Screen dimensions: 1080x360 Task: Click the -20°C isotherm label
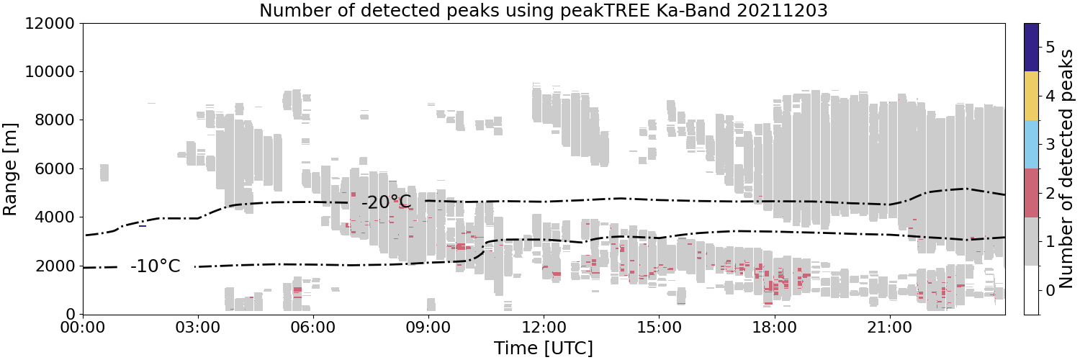[x=386, y=202]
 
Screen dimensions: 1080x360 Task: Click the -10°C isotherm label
[x=156, y=266]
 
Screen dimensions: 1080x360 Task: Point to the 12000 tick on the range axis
[x=50, y=23]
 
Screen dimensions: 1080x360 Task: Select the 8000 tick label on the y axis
[x=55, y=120]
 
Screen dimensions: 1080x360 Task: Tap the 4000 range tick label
[x=55, y=217]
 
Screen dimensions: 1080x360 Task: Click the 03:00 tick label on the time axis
[x=198, y=328]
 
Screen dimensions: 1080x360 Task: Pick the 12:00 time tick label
[x=544, y=328]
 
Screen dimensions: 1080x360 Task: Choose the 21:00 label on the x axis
[x=889, y=328]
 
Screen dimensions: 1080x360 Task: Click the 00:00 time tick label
[x=83, y=328]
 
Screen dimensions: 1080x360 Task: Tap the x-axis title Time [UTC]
[x=544, y=348]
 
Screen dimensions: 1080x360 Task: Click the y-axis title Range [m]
[x=9, y=170]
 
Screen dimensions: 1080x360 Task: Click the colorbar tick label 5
[x=1050, y=48]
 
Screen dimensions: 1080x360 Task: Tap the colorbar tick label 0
[x=1050, y=290]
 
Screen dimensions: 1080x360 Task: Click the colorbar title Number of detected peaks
[x=1066, y=169]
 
